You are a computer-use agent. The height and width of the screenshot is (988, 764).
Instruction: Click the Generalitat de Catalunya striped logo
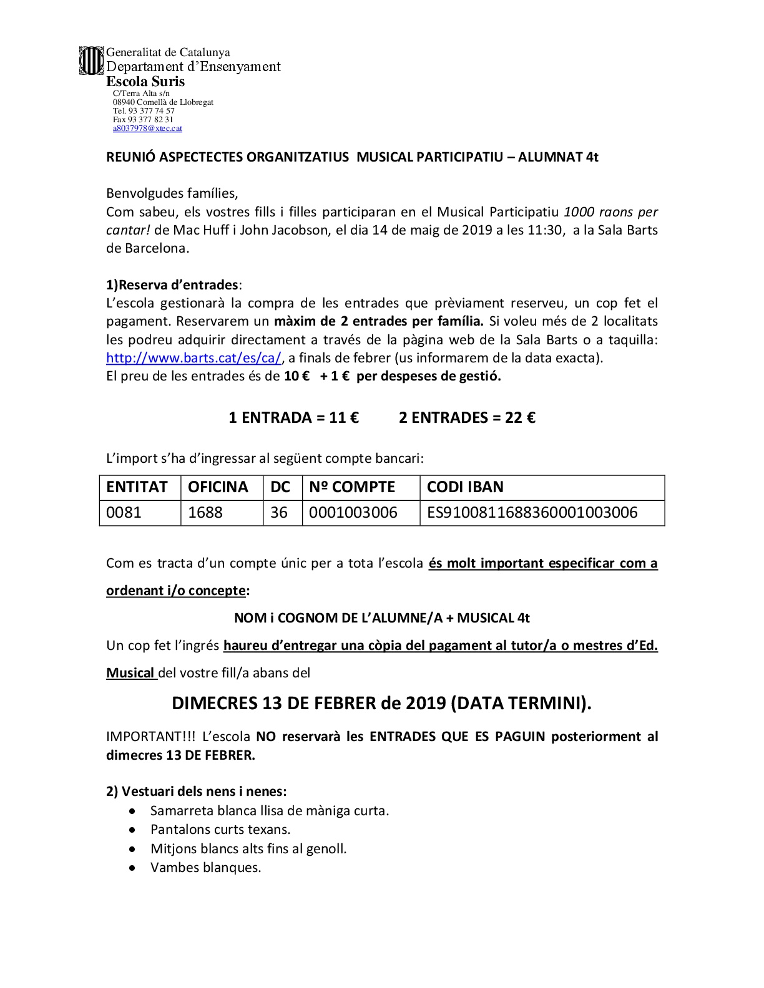click(x=91, y=61)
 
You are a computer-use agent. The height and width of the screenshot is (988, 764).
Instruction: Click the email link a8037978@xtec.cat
click(x=147, y=128)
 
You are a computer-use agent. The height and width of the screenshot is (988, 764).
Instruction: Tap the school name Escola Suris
click(x=145, y=81)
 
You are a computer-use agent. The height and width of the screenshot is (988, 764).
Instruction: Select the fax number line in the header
click(x=143, y=119)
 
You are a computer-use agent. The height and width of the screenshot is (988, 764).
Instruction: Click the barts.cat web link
click(x=194, y=358)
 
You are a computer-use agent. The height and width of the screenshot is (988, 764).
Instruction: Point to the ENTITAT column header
click(x=137, y=487)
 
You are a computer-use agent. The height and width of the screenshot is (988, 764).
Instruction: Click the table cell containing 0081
click(x=124, y=513)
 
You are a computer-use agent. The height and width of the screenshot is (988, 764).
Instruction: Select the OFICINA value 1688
click(x=205, y=513)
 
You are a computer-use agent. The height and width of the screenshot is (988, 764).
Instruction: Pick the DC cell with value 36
click(x=279, y=513)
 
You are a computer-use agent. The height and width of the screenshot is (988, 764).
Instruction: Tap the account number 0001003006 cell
click(x=353, y=513)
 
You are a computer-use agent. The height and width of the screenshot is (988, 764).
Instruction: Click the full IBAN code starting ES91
click(x=532, y=513)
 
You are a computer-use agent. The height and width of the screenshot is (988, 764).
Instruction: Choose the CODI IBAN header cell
click(x=465, y=487)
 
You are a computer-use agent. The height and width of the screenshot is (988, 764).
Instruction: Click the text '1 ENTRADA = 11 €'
click(x=294, y=417)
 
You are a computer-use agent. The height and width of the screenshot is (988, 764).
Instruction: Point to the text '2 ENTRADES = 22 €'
click(x=467, y=417)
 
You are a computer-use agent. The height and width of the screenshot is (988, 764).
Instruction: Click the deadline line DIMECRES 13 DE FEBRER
click(x=381, y=703)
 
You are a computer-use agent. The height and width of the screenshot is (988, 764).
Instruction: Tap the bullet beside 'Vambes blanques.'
click(x=132, y=868)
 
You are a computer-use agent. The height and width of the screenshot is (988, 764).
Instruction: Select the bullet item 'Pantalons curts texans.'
click(x=220, y=830)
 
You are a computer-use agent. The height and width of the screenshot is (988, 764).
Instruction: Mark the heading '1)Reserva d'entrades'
click(x=172, y=285)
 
